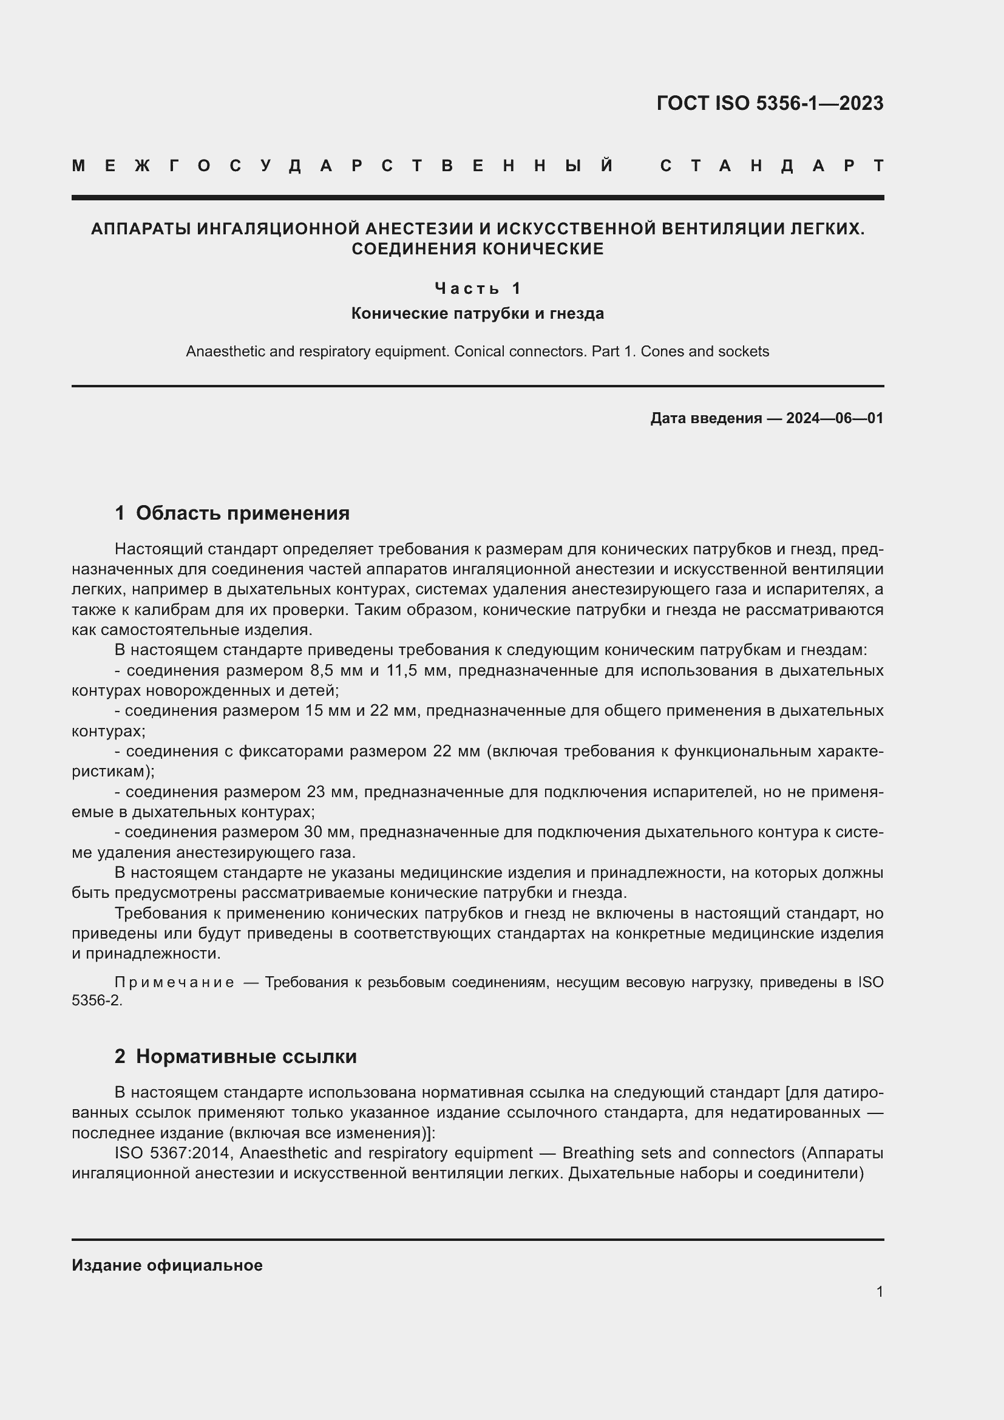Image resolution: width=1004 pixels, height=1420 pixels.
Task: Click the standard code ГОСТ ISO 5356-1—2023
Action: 770,103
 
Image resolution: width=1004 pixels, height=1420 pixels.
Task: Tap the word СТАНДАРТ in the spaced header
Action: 772,166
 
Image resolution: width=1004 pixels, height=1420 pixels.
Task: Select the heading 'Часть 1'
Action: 478,288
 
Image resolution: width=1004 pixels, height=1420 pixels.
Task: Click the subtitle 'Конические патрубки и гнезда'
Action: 477,313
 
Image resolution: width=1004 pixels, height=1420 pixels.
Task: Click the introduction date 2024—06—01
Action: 835,418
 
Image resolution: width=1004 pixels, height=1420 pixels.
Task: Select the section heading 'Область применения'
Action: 242,513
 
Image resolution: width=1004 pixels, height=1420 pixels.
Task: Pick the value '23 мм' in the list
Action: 330,792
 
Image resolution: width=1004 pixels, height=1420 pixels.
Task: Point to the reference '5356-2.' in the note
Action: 97,1000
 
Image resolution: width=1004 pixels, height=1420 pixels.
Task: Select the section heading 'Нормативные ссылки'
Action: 246,1056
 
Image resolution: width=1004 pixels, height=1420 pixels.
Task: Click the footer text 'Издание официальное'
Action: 167,1265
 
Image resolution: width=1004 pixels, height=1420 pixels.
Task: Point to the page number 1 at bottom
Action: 879,1291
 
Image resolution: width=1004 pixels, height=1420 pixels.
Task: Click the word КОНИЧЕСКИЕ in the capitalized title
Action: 543,249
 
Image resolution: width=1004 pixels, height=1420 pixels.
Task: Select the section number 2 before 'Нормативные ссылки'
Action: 120,1056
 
